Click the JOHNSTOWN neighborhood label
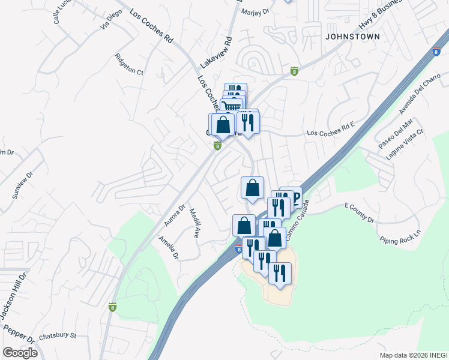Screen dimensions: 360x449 pyautogui.click(x=352, y=37)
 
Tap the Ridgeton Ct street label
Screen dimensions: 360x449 pyautogui.click(x=130, y=65)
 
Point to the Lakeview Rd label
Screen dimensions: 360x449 pyautogui.click(x=216, y=52)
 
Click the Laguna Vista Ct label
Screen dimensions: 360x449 pyautogui.click(x=405, y=143)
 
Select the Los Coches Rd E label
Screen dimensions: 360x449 pyautogui.click(x=331, y=133)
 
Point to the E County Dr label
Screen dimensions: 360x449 pyautogui.click(x=359, y=213)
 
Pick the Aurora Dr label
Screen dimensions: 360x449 pyautogui.click(x=174, y=214)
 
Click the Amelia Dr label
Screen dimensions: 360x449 pyautogui.click(x=169, y=247)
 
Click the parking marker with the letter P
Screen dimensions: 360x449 pyautogui.click(x=295, y=198)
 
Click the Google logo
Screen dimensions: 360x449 pyautogui.click(x=20, y=353)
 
